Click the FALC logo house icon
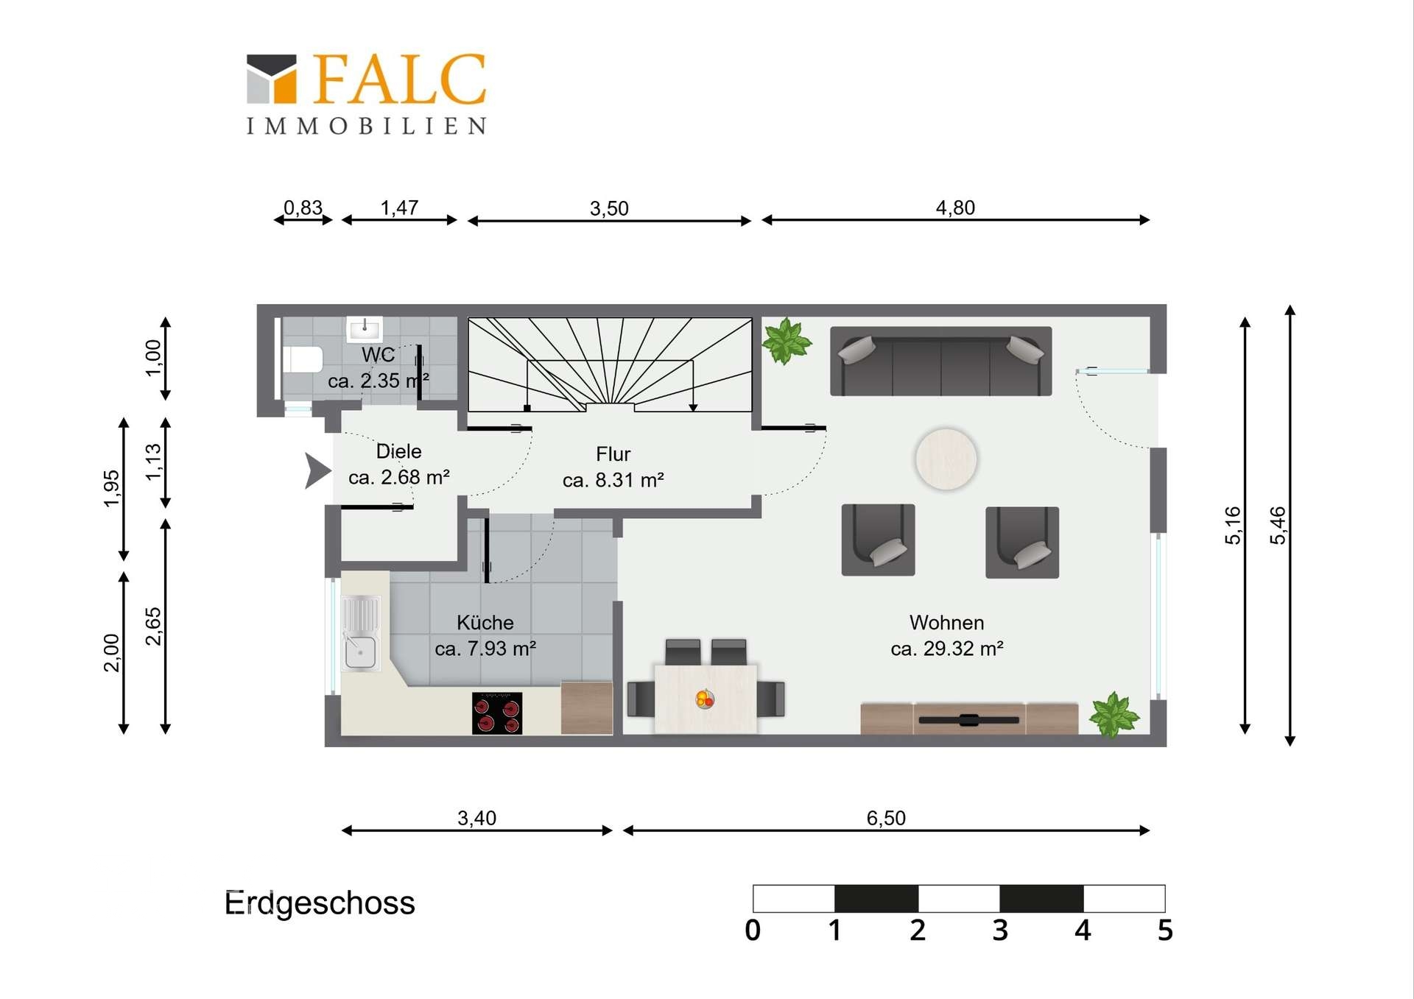(271, 78)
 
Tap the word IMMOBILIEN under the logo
(366, 126)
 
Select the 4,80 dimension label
(955, 208)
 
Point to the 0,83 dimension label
(303, 208)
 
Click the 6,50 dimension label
(886, 818)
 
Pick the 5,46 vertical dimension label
(1278, 526)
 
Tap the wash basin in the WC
(364, 328)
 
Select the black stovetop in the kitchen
(497, 713)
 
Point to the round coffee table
(946, 459)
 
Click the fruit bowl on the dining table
(705, 698)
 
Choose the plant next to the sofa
(787, 341)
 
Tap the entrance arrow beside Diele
(317, 471)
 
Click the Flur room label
(613, 454)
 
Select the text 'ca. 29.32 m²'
(947, 649)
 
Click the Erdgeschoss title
(320, 903)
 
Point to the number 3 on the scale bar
(1000, 931)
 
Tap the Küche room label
(485, 622)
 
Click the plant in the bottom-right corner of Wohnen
(1114, 714)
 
